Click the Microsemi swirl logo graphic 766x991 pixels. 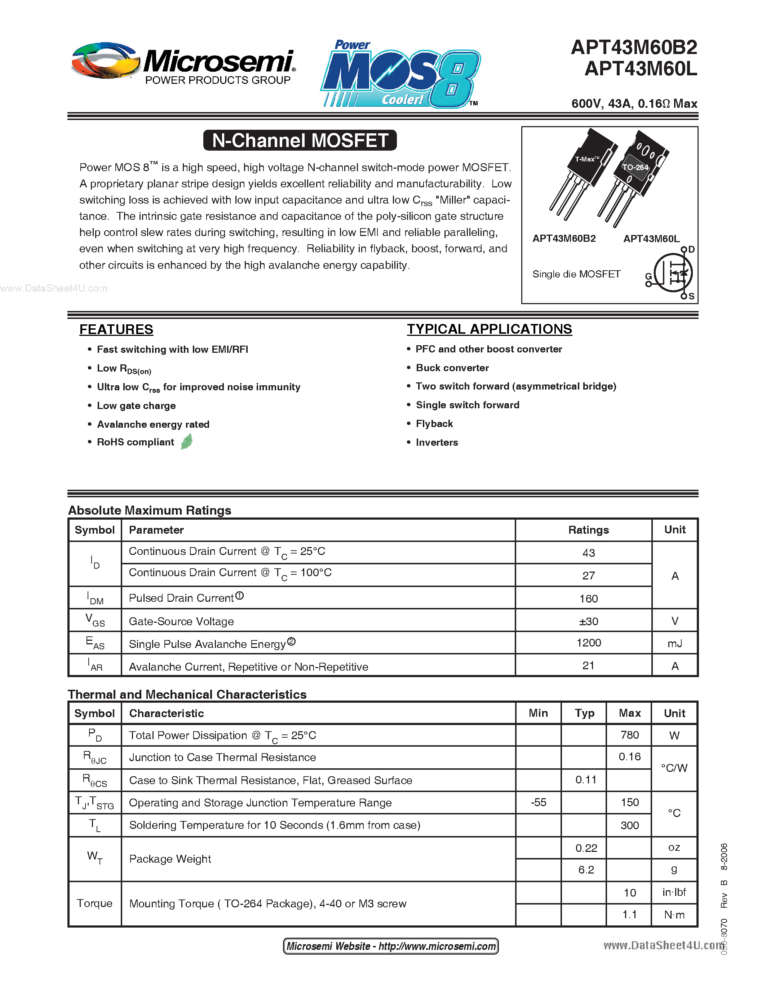tap(105, 61)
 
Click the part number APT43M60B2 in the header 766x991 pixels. tap(634, 48)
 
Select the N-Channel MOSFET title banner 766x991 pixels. tap(300, 140)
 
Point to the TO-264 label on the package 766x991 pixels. tap(635, 168)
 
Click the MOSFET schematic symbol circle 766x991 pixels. tap(673, 273)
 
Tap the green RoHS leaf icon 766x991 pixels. tap(186, 441)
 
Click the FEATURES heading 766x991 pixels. tap(116, 329)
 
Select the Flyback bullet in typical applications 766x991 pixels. tap(434, 424)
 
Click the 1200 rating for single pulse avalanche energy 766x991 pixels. tap(589, 643)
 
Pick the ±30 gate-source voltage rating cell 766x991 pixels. tap(589, 621)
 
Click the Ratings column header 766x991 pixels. tap(589, 530)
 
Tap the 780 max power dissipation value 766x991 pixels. tap(629, 735)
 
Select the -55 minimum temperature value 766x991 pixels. tap(539, 803)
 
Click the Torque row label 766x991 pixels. tap(94, 903)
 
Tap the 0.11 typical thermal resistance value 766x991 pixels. tap(585, 780)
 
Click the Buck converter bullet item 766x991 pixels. tap(452, 368)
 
